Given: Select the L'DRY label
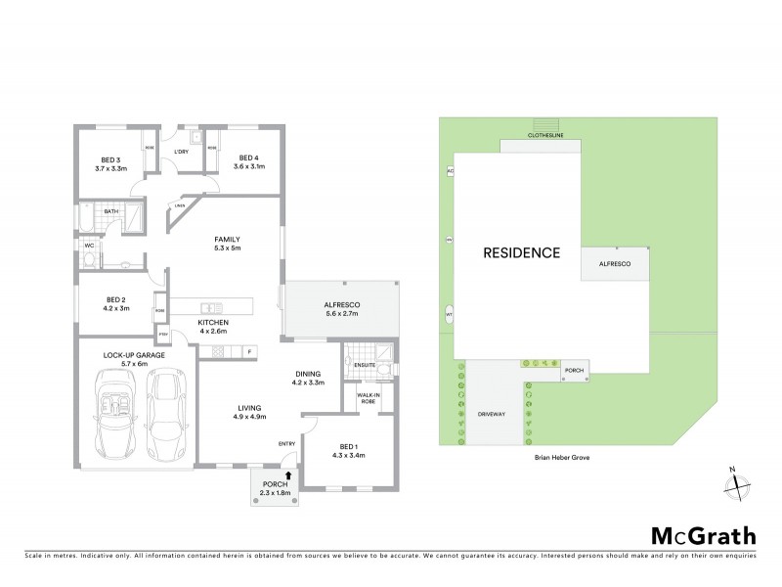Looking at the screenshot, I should [181, 152].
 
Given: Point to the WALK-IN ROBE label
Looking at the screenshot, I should [369, 398].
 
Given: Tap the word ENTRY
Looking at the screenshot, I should [286, 444].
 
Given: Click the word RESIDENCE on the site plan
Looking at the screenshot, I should [522, 252].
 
